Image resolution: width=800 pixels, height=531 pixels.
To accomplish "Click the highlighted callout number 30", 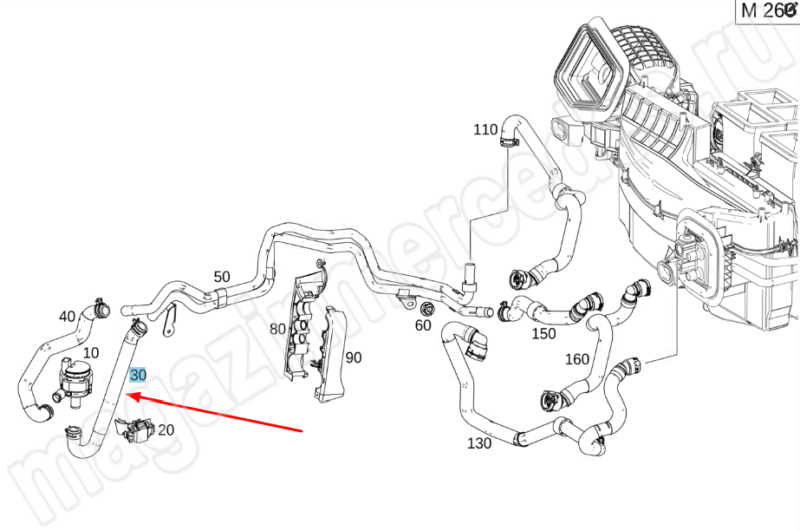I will coord(138,376).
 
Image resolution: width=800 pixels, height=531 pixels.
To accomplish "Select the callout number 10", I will coord(91,353).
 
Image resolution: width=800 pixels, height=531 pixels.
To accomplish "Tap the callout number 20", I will coord(166,429).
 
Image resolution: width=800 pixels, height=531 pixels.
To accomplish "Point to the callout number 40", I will coord(68,316).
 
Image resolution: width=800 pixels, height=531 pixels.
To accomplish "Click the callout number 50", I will coord(222,278).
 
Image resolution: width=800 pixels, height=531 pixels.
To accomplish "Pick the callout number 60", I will coord(423,325).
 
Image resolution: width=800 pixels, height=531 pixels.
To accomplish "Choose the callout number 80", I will coord(277,329).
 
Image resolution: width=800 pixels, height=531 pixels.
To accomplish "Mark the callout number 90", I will coord(353,357).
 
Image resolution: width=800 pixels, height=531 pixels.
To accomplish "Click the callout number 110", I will coord(485,130).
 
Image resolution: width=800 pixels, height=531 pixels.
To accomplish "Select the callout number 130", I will coord(478,443).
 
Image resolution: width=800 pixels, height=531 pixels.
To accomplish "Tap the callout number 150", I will coord(543,334).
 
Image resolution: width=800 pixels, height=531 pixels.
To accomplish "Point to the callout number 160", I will coord(576,359).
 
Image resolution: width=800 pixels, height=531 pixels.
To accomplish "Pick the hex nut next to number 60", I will coord(426,309).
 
